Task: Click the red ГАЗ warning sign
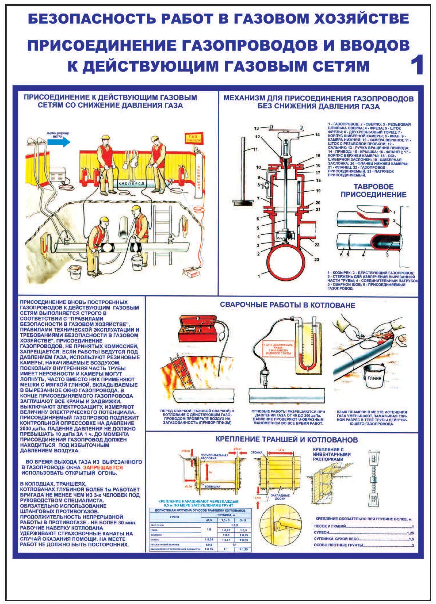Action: (194, 138)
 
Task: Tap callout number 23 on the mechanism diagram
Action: (317, 259)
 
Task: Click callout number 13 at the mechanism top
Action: (256, 128)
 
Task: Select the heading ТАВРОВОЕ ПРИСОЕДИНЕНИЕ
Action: (373, 190)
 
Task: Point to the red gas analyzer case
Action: (198, 328)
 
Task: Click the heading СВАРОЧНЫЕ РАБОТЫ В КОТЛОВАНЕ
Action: (287, 305)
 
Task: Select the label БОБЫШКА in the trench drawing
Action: (212, 486)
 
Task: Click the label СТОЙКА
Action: (256, 452)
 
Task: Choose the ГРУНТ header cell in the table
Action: (175, 517)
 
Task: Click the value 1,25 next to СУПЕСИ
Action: (410, 533)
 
